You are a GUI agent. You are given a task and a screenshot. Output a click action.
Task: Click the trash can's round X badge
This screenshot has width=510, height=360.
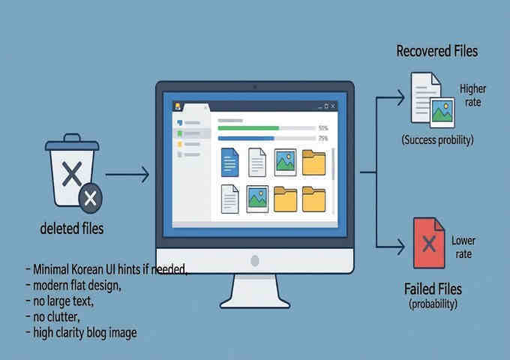pyautogui.click(x=91, y=198)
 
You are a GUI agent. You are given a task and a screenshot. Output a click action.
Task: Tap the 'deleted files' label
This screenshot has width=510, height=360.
pyautogui.click(x=72, y=229)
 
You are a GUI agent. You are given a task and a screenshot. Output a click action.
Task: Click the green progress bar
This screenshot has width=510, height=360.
pyautogui.click(x=247, y=128)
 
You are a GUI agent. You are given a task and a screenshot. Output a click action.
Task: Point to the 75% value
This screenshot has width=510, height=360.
pyautogui.click(x=323, y=138)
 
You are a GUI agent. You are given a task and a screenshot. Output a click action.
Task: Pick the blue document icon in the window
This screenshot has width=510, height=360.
pyautogui.click(x=229, y=162)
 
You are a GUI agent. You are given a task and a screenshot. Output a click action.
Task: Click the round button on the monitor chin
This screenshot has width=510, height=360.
pyautogui.click(x=254, y=261)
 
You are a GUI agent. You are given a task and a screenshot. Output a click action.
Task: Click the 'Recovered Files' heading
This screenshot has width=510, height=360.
pyautogui.click(x=436, y=52)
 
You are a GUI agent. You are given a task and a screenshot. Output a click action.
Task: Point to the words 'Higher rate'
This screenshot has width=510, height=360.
pyautogui.click(x=472, y=95)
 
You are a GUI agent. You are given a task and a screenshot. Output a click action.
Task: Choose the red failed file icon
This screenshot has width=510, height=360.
pyautogui.click(x=427, y=242)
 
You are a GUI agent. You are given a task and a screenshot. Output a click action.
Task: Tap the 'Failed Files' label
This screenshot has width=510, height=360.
pyautogui.click(x=433, y=289)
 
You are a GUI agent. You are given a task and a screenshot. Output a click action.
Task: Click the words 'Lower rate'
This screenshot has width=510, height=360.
pyautogui.click(x=463, y=247)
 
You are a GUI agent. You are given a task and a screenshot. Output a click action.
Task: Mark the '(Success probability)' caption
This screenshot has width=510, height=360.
pyautogui.click(x=436, y=139)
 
